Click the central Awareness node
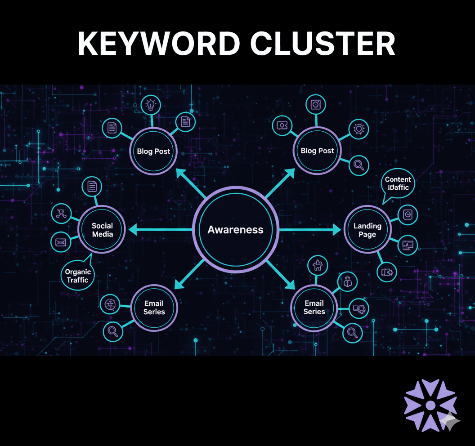(x=235, y=230)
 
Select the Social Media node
(x=102, y=230)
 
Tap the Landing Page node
(x=367, y=230)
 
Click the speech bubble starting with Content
(x=398, y=183)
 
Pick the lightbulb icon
(x=150, y=105)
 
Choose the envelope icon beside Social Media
(x=61, y=243)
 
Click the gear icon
(x=358, y=129)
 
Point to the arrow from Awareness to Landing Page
(x=310, y=230)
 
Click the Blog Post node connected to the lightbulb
(x=153, y=151)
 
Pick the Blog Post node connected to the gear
(x=317, y=151)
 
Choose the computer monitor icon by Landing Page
(x=408, y=245)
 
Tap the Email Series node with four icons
(x=314, y=308)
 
